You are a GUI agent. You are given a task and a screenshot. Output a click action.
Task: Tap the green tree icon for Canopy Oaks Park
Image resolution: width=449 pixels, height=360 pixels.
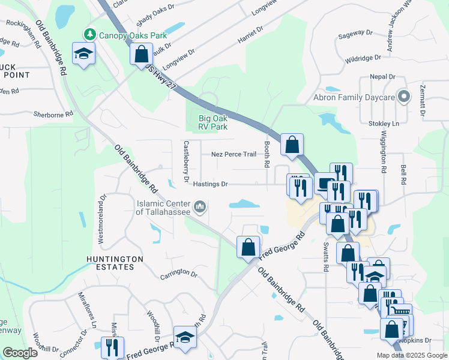(x=90, y=34)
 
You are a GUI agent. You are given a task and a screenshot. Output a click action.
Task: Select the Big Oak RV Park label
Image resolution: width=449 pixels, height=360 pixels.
(x=213, y=122)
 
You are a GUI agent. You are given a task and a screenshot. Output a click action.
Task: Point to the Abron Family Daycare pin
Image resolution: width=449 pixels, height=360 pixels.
(x=405, y=97)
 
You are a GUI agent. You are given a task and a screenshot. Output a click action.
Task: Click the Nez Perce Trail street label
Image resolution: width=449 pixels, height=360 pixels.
(x=234, y=154)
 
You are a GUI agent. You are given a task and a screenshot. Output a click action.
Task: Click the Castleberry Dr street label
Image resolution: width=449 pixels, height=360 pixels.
(x=187, y=162)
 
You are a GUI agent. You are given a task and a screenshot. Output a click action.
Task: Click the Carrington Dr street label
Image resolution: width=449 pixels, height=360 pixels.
(x=178, y=274)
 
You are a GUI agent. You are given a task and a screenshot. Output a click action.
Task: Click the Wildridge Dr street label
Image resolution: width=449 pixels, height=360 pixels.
(x=363, y=58)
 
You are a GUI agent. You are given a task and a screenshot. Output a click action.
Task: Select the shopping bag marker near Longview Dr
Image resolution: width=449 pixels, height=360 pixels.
(x=140, y=53)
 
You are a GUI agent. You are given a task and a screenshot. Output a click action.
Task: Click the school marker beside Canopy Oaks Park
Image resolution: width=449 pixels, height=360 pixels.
(x=84, y=53)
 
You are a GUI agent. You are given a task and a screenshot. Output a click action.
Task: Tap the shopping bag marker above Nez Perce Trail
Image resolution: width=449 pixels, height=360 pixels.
(x=292, y=145)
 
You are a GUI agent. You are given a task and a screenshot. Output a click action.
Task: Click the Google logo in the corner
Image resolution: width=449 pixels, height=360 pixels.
(x=20, y=353)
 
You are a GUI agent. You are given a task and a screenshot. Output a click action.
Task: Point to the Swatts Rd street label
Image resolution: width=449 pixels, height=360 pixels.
(x=325, y=257)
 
